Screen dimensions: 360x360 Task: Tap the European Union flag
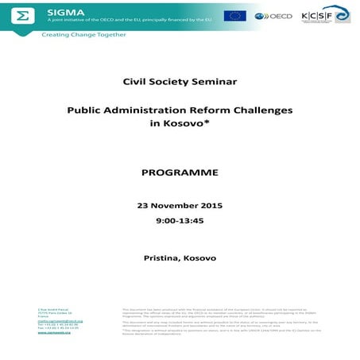234,15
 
